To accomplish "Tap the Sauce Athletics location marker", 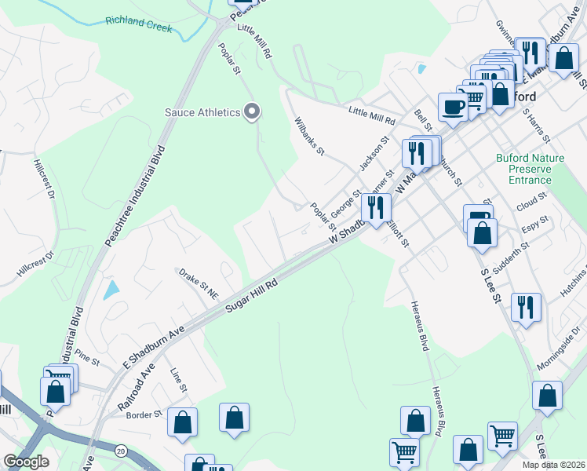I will pyautogui.click(x=251, y=112).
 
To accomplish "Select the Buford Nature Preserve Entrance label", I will pyautogui.click(x=530, y=169).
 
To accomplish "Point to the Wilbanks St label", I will pyautogui.click(x=309, y=135).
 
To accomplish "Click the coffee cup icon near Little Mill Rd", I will pyautogui.click(x=452, y=108).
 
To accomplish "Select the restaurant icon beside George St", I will pyautogui.click(x=375, y=207).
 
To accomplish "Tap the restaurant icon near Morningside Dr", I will pyautogui.click(x=525, y=307).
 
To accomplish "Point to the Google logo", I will pyautogui.click(x=26, y=462).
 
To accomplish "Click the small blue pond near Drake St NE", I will pyautogui.click(x=111, y=291).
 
